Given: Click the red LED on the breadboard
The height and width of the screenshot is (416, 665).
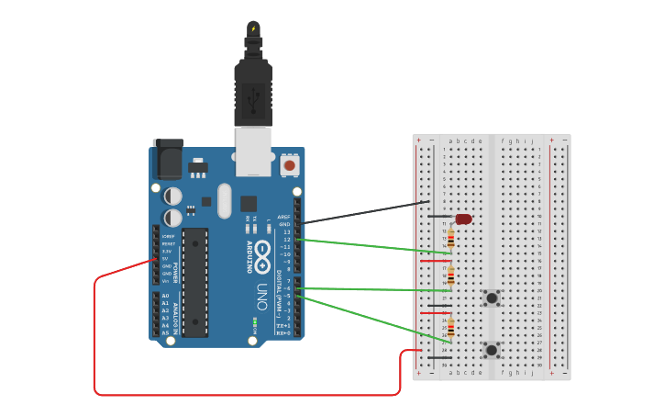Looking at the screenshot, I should click(463, 219).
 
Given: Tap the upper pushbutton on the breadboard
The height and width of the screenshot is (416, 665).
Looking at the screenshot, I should click(492, 298).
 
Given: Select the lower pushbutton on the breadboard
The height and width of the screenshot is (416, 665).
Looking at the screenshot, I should click(492, 350).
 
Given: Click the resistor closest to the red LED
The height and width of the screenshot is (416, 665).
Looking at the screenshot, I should click(450, 239).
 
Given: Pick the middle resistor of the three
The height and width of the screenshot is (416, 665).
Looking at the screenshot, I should click(450, 275).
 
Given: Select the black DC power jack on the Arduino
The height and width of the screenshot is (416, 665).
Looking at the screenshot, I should click(168, 159).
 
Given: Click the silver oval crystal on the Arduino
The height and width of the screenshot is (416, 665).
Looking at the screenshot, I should click(225, 200).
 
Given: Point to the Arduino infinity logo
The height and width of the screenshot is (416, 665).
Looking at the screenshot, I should click(262, 251).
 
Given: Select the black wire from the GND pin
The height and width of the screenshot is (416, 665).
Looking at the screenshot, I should click(367, 211).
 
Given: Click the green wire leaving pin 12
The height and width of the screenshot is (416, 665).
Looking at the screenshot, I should click(367, 245).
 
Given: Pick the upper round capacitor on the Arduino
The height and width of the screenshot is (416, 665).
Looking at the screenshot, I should click(172, 196).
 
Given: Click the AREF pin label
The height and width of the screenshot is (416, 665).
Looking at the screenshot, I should click(284, 217).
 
